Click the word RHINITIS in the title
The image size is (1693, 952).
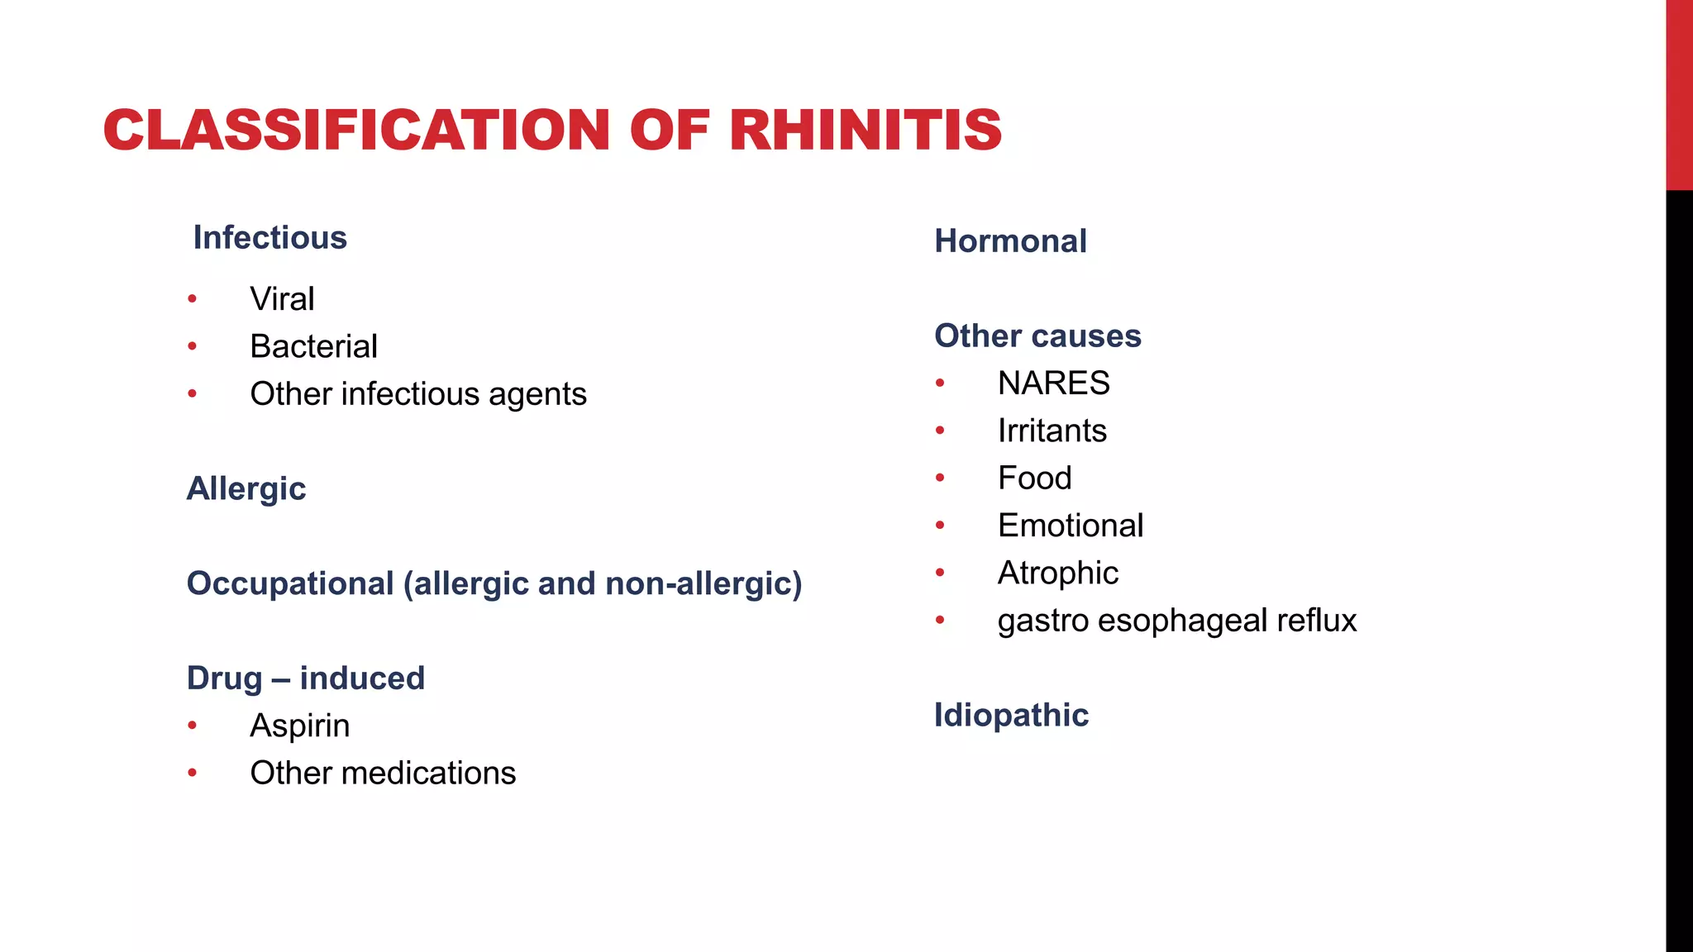[x=866, y=131]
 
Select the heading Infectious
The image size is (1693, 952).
[x=269, y=238]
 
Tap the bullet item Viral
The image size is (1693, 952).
[x=282, y=299]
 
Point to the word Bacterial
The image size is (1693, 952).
[x=313, y=346]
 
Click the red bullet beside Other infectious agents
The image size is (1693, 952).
[x=192, y=394]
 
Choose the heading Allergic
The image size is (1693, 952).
[x=246, y=489]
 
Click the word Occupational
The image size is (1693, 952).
[x=290, y=584]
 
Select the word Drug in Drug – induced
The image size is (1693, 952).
[x=224, y=678]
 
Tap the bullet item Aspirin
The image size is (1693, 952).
[x=299, y=726]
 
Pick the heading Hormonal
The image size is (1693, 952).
[x=1010, y=241]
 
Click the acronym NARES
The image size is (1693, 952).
[x=1053, y=383]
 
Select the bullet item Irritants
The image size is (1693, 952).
[x=1052, y=431]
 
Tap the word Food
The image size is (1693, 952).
[x=1034, y=478]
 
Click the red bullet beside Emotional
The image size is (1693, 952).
[x=940, y=526]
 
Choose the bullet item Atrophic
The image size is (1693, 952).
[x=1057, y=573]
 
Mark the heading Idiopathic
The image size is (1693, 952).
[x=1011, y=716]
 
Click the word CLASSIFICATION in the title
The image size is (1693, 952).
[x=356, y=131]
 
